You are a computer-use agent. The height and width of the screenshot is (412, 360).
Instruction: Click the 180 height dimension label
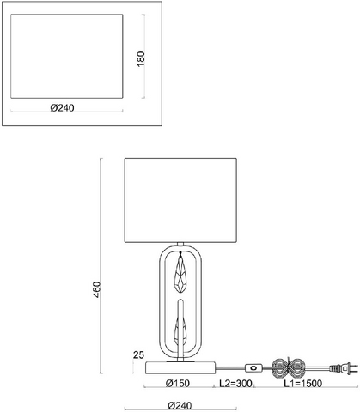point(141,59)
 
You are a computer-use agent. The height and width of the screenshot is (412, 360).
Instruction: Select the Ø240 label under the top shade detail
point(62,108)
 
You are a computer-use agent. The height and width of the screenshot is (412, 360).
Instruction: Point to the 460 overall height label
point(97,289)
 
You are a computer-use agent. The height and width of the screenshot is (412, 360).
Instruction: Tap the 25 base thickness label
point(138,355)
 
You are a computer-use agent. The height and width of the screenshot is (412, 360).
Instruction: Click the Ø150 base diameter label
point(178,383)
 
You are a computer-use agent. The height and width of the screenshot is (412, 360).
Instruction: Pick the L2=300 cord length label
point(235,383)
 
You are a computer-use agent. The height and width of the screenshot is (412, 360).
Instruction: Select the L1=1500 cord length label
point(303,383)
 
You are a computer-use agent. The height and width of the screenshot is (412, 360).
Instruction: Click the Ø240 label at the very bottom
point(180,405)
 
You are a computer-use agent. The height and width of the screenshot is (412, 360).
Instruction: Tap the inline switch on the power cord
point(253,367)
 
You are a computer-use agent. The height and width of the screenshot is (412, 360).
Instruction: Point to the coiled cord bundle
point(289,368)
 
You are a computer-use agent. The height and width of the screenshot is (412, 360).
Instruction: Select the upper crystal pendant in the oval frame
point(180,272)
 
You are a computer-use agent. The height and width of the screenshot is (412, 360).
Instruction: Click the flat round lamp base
point(180,367)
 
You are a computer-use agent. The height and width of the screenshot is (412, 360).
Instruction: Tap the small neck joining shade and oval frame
point(180,245)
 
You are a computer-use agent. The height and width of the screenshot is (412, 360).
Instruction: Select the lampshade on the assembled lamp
point(180,200)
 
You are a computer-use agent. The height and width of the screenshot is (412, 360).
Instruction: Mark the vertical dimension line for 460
point(101,266)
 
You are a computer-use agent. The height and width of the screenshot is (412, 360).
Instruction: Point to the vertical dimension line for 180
point(143,56)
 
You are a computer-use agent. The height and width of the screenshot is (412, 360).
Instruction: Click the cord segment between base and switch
point(230,367)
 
